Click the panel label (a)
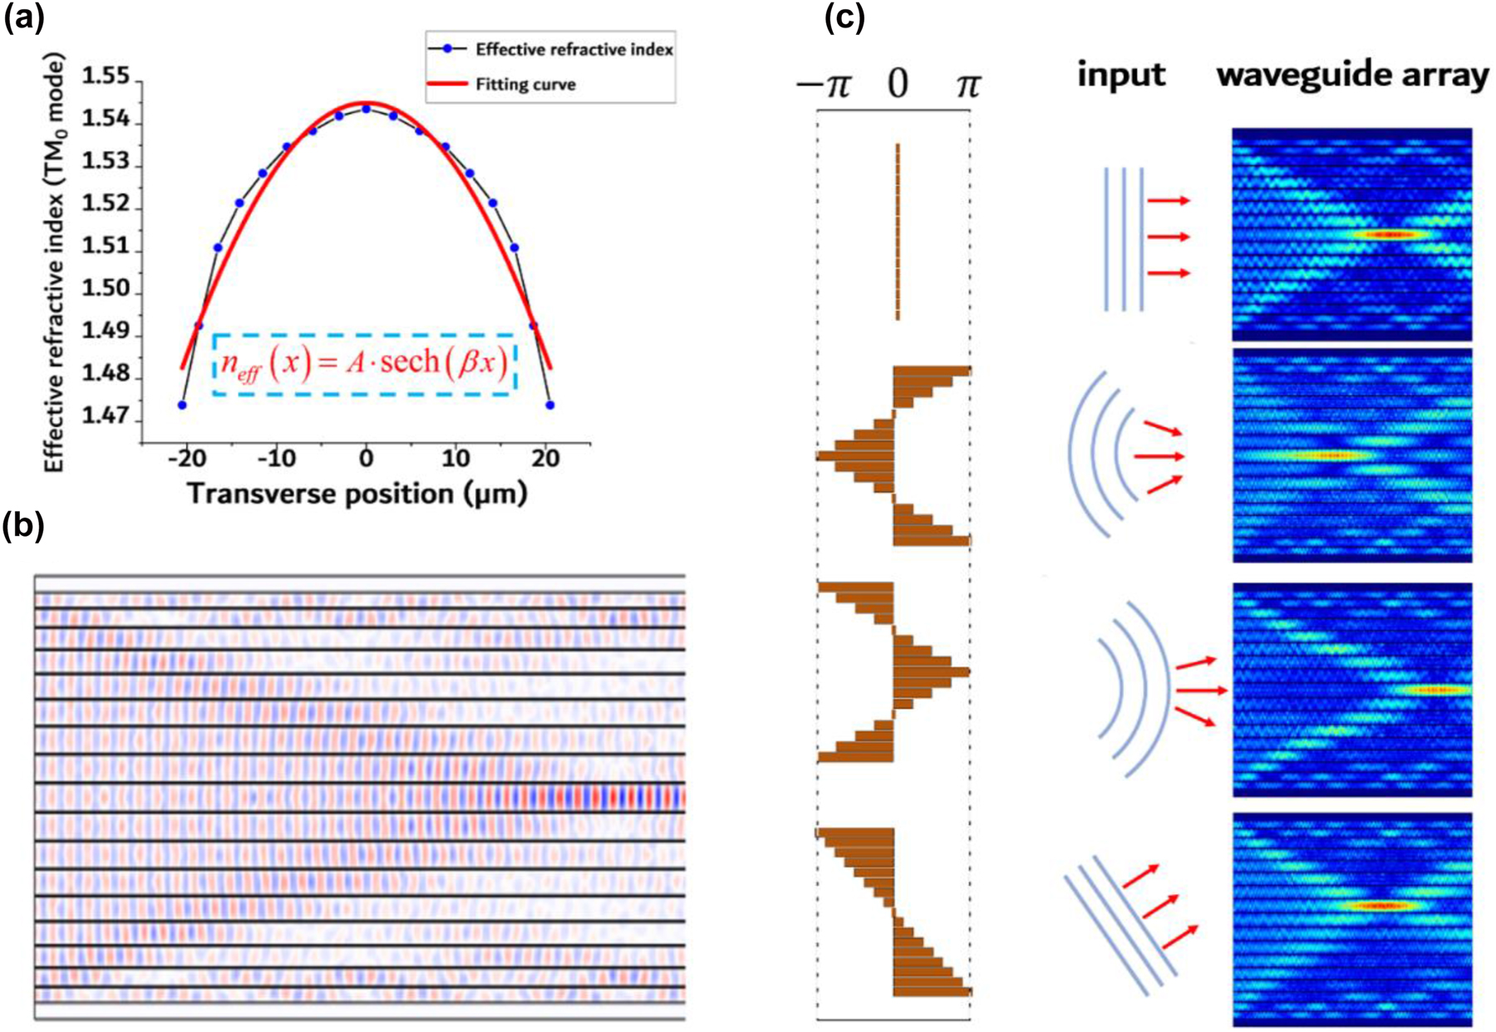point(23,18)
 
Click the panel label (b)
point(23,527)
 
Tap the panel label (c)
point(844,18)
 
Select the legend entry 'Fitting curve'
point(525,85)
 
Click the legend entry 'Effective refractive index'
point(573,50)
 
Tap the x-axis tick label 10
point(455,459)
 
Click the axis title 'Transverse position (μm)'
point(357,494)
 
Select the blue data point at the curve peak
point(366,109)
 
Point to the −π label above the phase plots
point(824,85)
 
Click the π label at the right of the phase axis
point(967,85)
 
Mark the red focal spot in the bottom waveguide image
point(1380,905)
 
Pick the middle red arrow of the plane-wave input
point(1169,237)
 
